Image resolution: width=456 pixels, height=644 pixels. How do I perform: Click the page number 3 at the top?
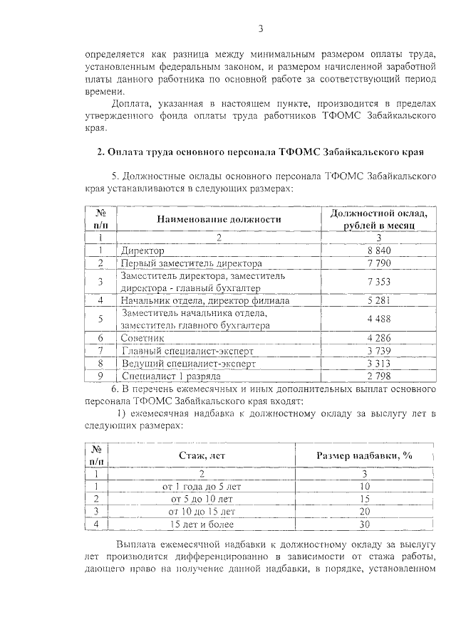coord(261,28)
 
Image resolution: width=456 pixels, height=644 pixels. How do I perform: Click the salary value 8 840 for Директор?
coord(378,250)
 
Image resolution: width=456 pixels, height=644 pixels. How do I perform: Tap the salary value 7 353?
coord(378,282)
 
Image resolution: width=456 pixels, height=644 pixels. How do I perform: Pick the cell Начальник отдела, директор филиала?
coord(205,300)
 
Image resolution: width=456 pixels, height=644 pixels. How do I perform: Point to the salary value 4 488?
coord(378,319)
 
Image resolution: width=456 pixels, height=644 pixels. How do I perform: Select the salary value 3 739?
coord(378,350)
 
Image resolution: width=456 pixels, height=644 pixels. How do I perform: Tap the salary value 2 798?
coord(378,375)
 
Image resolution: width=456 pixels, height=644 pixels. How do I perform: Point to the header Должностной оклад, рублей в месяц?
coord(378,219)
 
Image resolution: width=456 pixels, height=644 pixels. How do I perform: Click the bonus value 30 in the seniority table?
coord(364,524)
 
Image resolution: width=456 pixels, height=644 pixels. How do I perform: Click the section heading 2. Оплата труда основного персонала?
coord(260,152)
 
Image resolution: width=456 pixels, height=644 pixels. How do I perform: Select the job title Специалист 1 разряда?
coord(171,375)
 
